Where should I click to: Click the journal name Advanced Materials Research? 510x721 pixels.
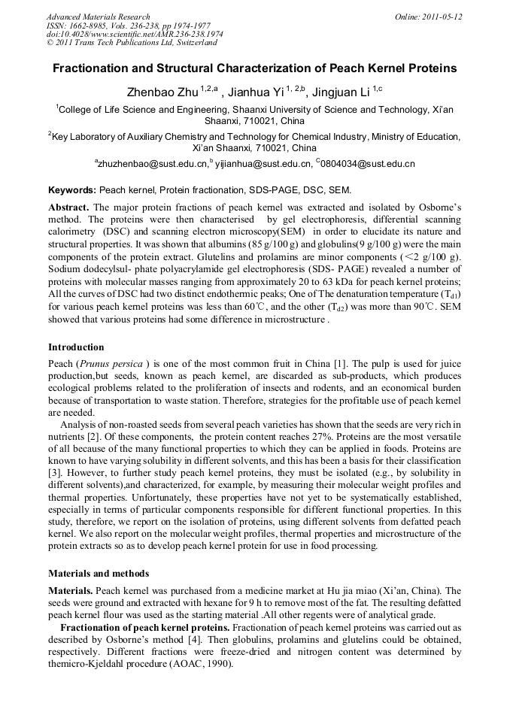pos(98,17)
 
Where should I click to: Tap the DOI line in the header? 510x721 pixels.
pos(134,35)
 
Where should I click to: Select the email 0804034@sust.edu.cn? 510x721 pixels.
pos(369,163)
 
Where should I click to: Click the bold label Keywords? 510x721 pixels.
pos(71,190)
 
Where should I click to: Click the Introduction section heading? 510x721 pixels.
pos(76,347)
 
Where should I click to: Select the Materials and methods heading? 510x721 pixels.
pos(99,574)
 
